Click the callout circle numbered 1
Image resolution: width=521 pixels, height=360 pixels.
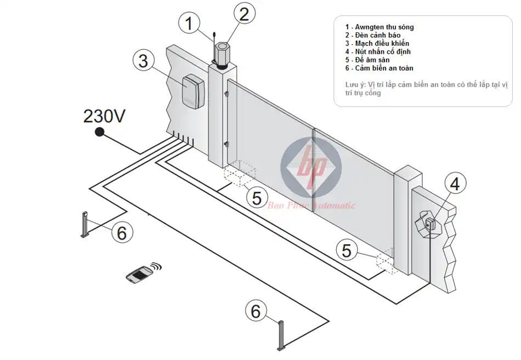click(x=189, y=24)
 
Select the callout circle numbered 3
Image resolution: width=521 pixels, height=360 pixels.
click(x=143, y=60)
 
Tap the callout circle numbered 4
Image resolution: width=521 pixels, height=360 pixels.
click(x=455, y=185)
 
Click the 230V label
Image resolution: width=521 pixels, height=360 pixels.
click(x=104, y=116)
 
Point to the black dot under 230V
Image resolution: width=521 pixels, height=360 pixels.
click(x=99, y=132)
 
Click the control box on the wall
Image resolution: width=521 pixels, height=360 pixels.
click(x=192, y=91)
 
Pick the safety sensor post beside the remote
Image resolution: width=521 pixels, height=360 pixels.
click(x=86, y=225)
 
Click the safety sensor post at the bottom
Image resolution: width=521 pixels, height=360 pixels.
click(x=282, y=335)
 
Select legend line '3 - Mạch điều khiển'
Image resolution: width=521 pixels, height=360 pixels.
click(x=377, y=43)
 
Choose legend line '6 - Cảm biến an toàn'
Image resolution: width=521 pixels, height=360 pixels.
click(x=379, y=68)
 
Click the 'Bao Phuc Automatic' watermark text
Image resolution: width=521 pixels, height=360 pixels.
click(x=311, y=205)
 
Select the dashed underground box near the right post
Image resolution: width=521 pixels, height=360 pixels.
click(x=385, y=261)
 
